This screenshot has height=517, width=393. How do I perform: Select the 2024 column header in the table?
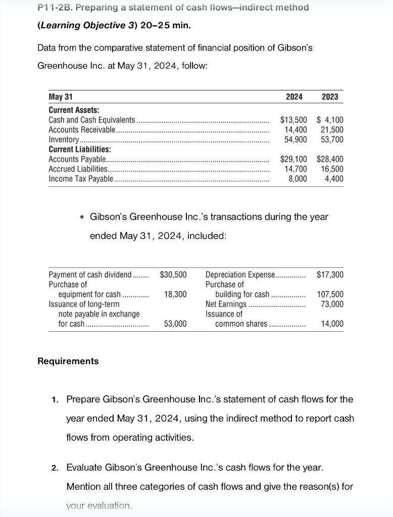294,96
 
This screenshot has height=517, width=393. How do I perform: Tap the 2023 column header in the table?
330,96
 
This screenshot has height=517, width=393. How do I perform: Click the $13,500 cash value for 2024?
293,120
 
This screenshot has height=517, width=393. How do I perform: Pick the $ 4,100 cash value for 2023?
330,120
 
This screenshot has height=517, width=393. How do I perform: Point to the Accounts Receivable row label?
82,130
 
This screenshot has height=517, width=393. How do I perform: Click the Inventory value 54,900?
296,139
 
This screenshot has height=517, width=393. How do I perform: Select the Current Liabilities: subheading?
80,149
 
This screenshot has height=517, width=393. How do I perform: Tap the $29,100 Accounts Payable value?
293,159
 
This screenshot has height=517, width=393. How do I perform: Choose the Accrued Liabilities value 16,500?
332,169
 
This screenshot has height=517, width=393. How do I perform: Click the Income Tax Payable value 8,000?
298,179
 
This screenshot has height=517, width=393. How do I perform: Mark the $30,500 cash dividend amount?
173,275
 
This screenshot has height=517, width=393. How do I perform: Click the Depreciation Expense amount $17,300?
330,275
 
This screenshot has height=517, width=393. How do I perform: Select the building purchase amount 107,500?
330,294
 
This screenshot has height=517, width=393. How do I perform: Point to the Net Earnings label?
226,304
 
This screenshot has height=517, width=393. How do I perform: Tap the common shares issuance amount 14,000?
332,324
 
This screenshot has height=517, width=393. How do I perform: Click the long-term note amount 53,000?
175,324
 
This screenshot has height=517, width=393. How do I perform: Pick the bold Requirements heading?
68,361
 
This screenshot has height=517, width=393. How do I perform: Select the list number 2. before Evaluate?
56,468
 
